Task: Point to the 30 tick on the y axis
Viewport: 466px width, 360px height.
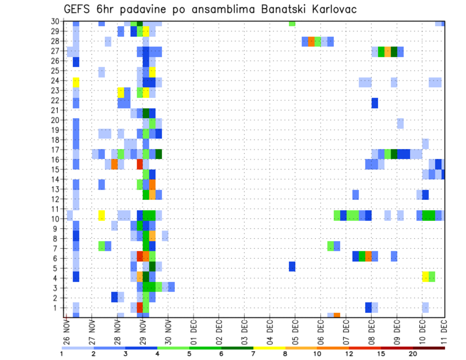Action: [x=56, y=21]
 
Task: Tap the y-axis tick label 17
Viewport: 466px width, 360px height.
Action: [x=56, y=150]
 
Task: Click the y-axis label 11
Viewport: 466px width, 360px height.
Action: [x=56, y=209]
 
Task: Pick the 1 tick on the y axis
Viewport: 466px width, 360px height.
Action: [x=58, y=308]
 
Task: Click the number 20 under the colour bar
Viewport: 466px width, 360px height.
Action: [x=413, y=354]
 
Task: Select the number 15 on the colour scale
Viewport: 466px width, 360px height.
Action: [x=381, y=354]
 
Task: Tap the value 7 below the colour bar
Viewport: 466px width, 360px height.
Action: [x=253, y=354]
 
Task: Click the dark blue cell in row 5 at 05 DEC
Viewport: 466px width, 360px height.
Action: [x=292, y=266]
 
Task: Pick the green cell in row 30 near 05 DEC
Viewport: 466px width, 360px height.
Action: [x=292, y=23]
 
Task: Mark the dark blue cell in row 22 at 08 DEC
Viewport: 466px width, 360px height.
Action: [x=374, y=103]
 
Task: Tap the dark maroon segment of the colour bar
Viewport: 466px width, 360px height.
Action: [x=429, y=348]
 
